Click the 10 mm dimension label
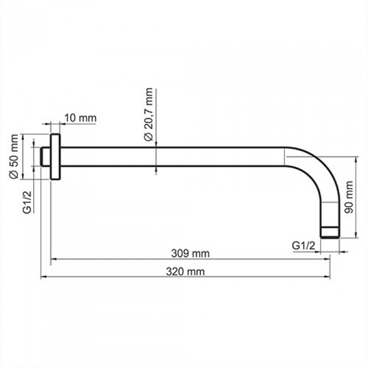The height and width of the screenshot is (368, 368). click(80, 118)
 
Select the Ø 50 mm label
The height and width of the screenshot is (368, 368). click(14, 157)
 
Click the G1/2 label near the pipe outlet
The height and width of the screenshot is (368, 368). click(303, 245)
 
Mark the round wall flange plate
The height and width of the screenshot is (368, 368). click(55, 157)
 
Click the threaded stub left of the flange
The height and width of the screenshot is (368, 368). click(46, 157)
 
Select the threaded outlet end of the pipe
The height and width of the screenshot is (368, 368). click(330, 232)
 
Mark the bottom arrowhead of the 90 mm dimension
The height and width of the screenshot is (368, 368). click(357, 235)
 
